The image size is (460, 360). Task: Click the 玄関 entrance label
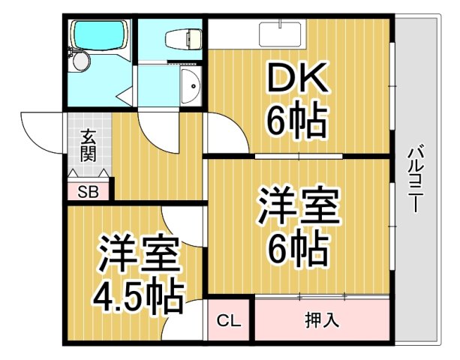pos(89,145)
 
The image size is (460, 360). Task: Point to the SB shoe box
pos(89,191)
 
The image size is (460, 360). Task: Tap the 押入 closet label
pos(322,320)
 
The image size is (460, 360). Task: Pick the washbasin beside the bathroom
pos(191,88)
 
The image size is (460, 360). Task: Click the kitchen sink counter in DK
pos(280,34)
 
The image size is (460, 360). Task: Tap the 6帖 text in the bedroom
pos(298,250)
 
